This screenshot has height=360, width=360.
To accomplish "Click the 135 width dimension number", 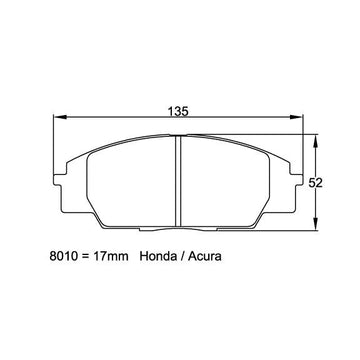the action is (x=178, y=111).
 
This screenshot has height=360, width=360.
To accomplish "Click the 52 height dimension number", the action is (x=315, y=183).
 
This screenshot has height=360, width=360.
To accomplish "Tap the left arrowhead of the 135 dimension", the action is (x=61, y=117).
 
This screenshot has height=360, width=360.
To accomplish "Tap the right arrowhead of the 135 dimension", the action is (x=296, y=117).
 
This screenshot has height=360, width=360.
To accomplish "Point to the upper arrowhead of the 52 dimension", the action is (x=315, y=142).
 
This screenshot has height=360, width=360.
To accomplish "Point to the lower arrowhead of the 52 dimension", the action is (x=315, y=223).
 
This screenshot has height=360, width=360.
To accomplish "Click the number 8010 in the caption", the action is (x=63, y=256).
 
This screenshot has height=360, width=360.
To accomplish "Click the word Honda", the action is (x=157, y=256).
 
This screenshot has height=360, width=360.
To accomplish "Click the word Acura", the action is (x=205, y=256).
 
